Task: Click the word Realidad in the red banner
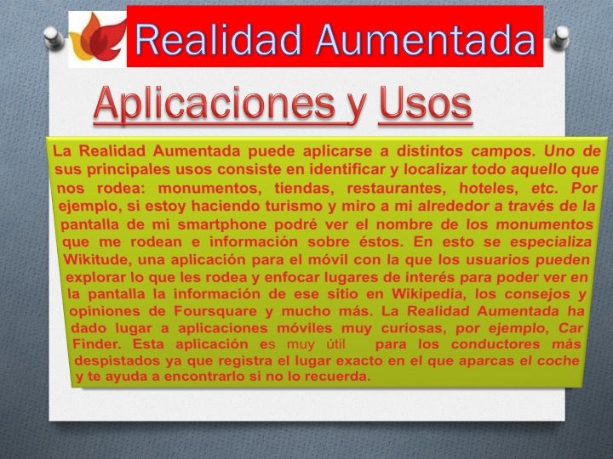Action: tap(218, 40)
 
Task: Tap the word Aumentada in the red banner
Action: tap(426, 40)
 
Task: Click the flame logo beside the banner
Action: tap(98, 38)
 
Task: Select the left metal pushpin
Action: tap(54, 37)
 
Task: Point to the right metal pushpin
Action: tap(560, 37)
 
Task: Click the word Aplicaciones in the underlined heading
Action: tap(215, 104)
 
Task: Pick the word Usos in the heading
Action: tap(426, 103)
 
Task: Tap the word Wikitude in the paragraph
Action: tap(96, 259)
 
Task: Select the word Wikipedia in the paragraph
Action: tap(429, 294)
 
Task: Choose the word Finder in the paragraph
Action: tap(97, 344)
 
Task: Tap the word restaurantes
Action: tap(397, 189)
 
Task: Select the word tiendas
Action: tap(304, 189)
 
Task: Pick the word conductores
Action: tap(496, 344)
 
